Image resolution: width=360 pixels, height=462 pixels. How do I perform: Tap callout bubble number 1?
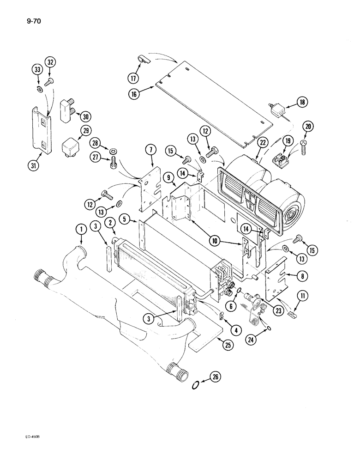click(x=82, y=229)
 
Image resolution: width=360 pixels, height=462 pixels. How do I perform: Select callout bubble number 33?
click(x=36, y=69)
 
